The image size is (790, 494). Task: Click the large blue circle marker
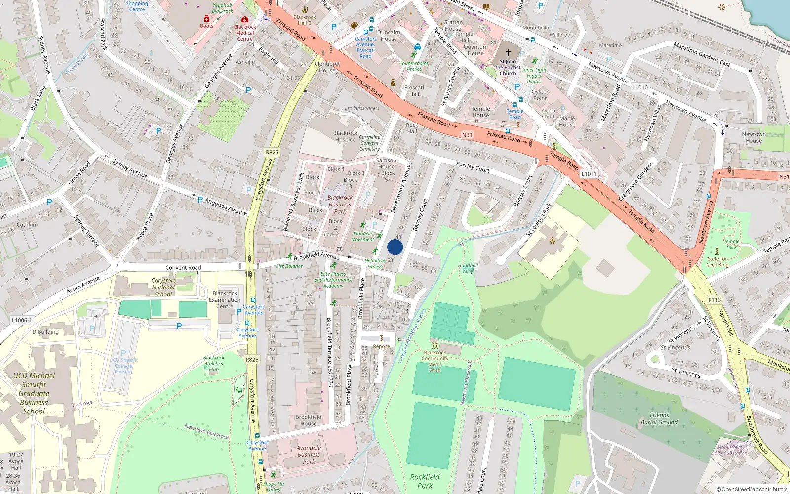(x=395, y=247)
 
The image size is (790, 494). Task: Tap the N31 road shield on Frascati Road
(x=467, y=135)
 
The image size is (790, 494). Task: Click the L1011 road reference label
(x=589, y=174)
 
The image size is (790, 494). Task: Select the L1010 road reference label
(x=640, y=87)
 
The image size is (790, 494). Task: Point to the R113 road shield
(x=714, y=300)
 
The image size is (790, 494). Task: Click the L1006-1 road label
(x=21, y=320)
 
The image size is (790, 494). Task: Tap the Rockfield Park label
(x=425, y=481)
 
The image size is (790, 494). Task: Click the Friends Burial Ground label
(x=659, y=418)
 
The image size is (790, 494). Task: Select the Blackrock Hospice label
(x=345, y=136)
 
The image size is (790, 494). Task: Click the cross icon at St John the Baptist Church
(x=508, y=52)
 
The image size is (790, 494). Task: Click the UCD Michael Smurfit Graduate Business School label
(x=34, y=393)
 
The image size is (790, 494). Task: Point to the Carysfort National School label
(x=163, y=287)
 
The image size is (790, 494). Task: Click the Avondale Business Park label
(x=309, y=454)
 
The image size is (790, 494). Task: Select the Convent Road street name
(x=183, y=268)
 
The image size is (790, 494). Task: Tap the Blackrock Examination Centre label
(x=225, y=300)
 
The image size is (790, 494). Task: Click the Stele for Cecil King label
(x=717, y=262)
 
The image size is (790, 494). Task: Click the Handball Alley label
(x=468, y=268)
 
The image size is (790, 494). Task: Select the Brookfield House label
(x=309, y=420)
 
